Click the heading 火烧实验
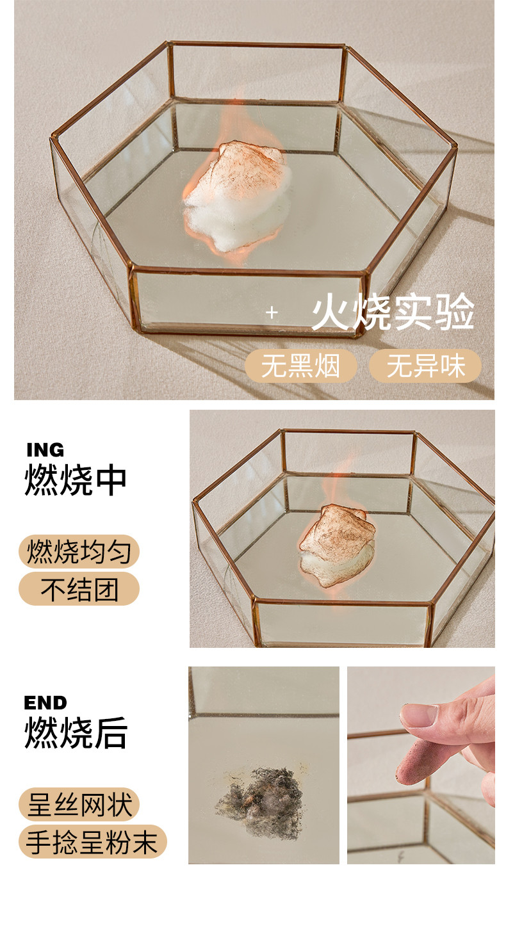[393, 312]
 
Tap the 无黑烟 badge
[300, 366]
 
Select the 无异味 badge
[426, 366]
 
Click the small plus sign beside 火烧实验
[272, 313]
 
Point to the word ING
[45, 449]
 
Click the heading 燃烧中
[76, 480]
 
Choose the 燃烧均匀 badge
[79, 551]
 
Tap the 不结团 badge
[79, 588]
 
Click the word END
[45, 703]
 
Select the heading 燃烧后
[76, 732]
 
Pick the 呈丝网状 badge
[79, 804]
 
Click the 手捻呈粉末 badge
[93, 841]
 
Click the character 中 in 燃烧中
[111, 480]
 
